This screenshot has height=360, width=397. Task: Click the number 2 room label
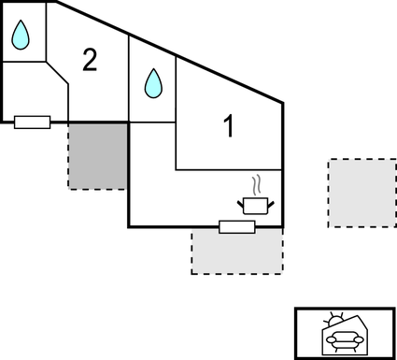click(89, 61)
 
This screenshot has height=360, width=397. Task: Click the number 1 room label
click(227, 126)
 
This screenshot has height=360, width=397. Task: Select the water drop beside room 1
click(152, 85)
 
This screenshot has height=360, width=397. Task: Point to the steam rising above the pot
click(255, 185)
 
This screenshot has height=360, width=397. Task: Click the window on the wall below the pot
click(237, 226)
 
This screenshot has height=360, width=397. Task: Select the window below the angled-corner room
click(33, 122)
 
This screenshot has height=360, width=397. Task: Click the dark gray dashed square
click(97, 155)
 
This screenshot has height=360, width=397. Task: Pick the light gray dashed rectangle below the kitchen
click(237, 252)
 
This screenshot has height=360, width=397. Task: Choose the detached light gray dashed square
click(362, 193)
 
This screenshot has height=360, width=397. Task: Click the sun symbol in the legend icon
click(335, 320)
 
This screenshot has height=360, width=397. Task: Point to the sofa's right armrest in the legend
click(358, 342)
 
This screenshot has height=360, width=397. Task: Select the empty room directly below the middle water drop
click(151, 173)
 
